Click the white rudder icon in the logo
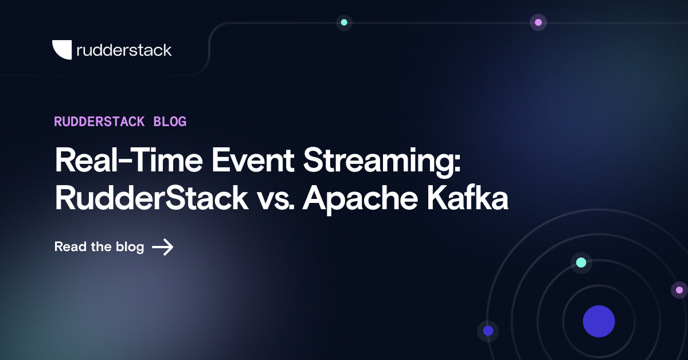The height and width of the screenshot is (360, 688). click(x=62, y=50)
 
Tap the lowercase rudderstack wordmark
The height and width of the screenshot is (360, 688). click(x=124, y=50)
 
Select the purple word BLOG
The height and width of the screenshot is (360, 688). click(x=170, y=122)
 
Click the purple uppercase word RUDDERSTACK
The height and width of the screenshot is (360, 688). click(x=99, y=122)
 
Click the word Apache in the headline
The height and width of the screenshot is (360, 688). click(x=361, y=200)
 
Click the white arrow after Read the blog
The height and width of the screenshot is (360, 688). click(x=163, y=247)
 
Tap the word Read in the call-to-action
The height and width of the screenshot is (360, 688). click(x=71, y=247)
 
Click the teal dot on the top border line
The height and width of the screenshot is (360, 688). click(x=344, y=22)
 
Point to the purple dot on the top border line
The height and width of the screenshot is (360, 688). click(x=538, y=22)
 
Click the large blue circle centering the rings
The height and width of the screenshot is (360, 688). click(x=599, y=321)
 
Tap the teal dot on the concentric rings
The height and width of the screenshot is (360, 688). click(x=581, y=263)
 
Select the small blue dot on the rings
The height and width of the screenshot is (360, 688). click(x=488, y=331)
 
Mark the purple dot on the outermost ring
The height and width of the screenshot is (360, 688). click(x=679, y=290)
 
